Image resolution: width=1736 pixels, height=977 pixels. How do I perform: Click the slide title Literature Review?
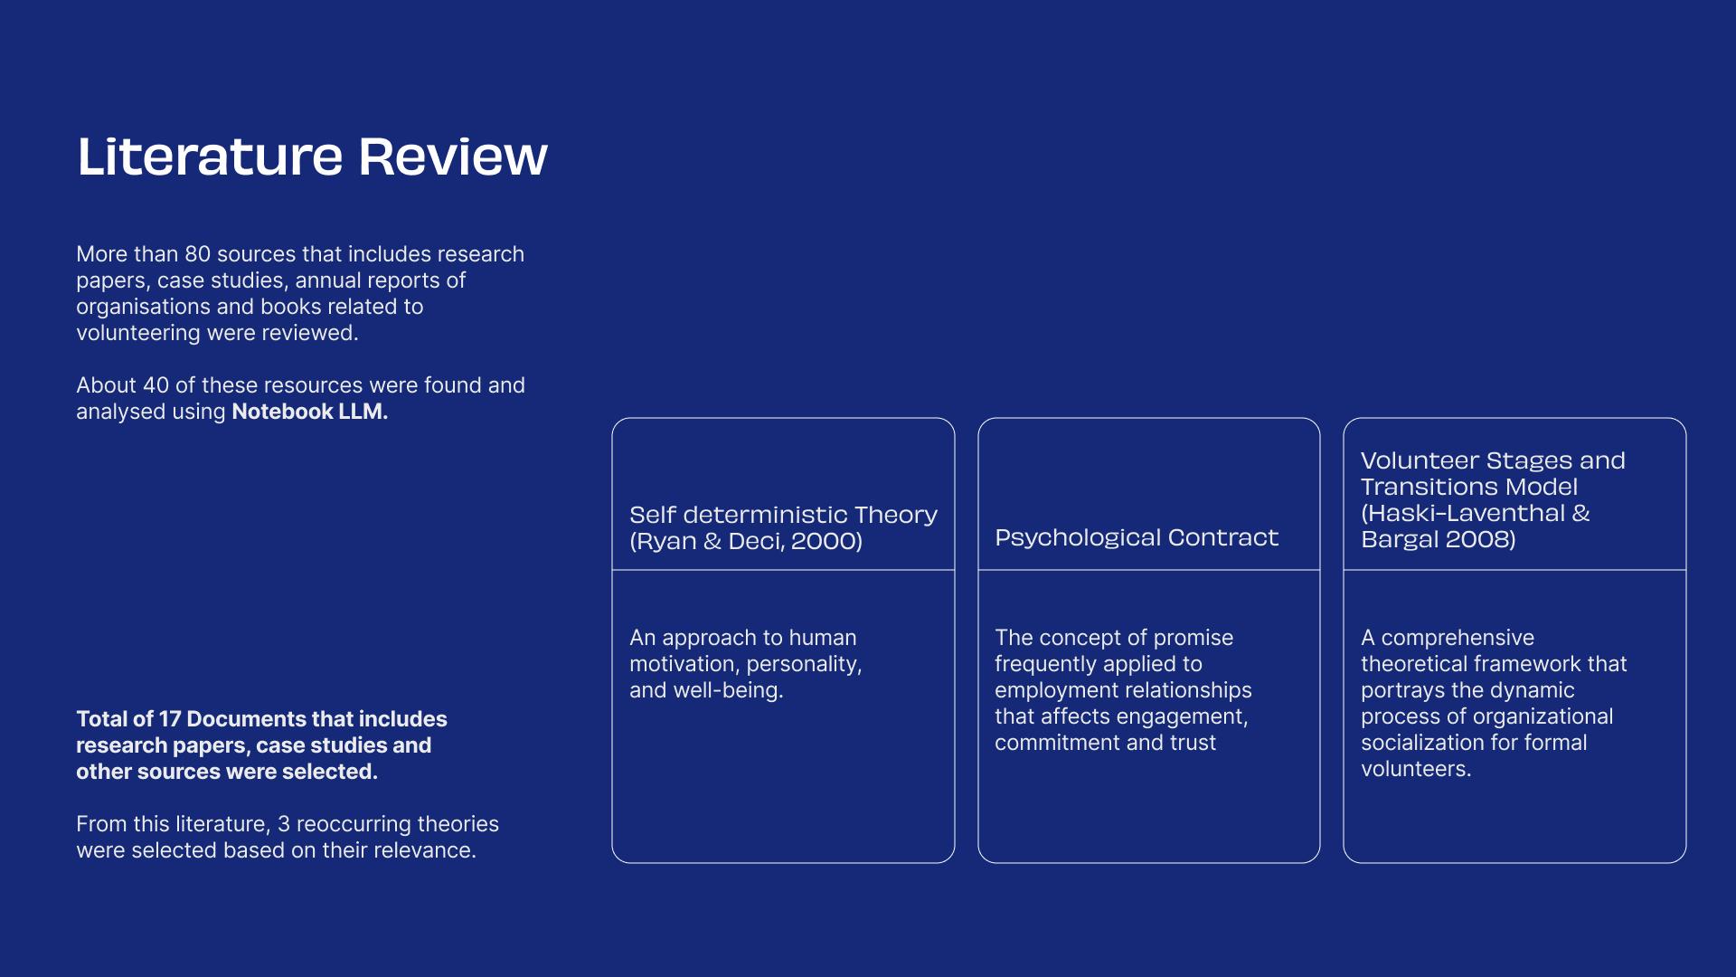click(x=312, y=157)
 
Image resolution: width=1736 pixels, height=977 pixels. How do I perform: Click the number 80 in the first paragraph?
click(x=197, y=254)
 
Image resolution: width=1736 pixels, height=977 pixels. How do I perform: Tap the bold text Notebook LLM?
click(x=309, y=412)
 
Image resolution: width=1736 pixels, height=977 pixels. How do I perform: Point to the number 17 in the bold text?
click(x=170, y=719)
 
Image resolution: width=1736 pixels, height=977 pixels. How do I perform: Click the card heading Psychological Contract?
click(x=1137, y=537)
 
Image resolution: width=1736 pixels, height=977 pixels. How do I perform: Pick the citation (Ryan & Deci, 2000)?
click(x=746, y=541)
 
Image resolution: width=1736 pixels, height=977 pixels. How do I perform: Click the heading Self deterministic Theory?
click(x=783, y=515)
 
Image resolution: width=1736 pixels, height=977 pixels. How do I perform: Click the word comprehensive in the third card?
click(x=1458, y=639)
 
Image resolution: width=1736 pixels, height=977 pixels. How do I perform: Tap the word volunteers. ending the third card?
click(x=1416, y=769)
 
